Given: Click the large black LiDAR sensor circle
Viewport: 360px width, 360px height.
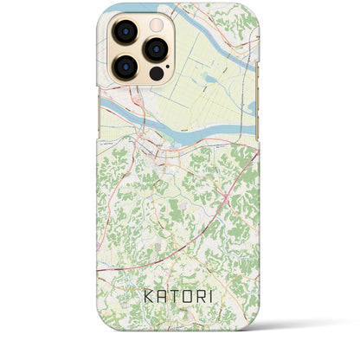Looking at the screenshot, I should (x=156, y=74).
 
